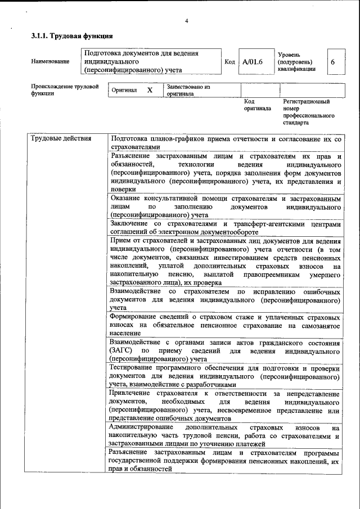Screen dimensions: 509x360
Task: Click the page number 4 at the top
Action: [x=186, y=21]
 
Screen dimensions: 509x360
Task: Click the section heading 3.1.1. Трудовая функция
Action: [x=67, y=37]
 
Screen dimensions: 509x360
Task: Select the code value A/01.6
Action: [x=253, y=61]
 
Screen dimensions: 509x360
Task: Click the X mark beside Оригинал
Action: [x=149, y=90]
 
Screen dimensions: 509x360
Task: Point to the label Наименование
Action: [x=51, y=61]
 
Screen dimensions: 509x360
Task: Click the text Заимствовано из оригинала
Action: [x=188, y=91]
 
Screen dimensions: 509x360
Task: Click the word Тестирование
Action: [x=136, y=367]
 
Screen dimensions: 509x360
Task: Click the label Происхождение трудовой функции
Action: [x=64, y=90]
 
